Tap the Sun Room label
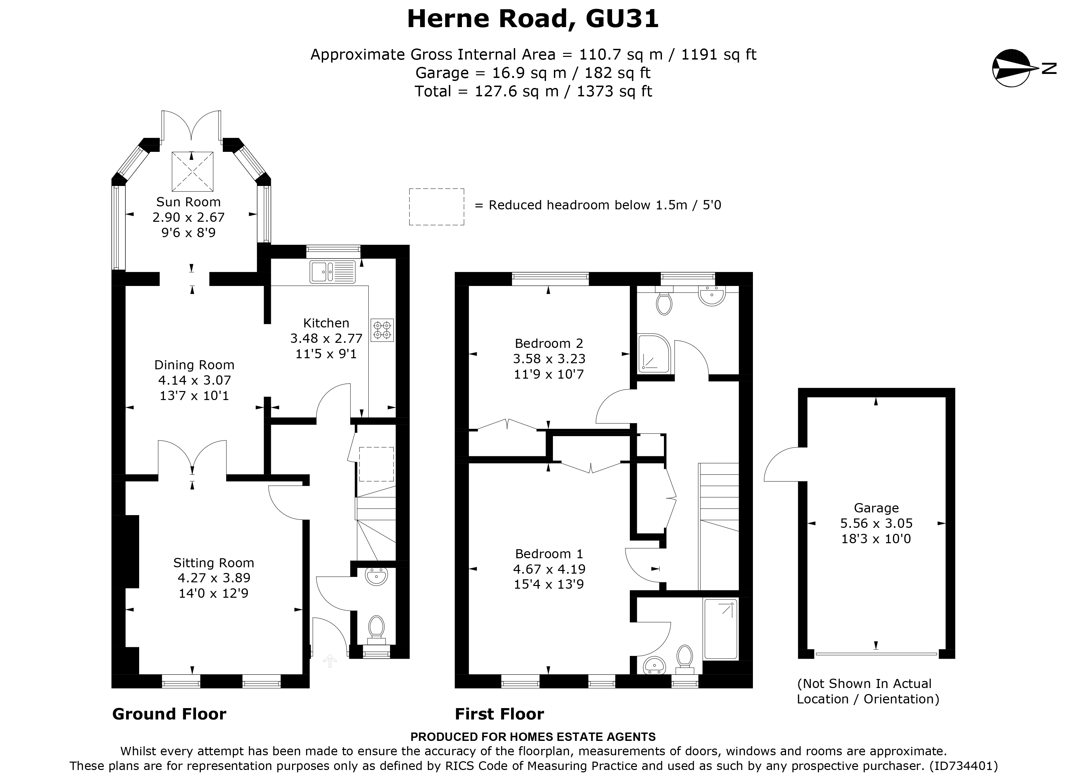tap(188, 202)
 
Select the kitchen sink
tap(332, 272)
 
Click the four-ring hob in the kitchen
tap(382, 330)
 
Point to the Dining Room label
tap(194, 365)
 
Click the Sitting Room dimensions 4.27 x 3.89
tap(214, 578)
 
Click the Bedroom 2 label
tap(549, 344)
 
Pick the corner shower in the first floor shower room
tap(653, 353)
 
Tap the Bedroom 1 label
tap(549, 554)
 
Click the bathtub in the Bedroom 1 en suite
tap(720, 628)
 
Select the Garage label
tap(876, 508)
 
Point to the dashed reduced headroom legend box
tap(436, 207)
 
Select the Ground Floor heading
tap(169, 714)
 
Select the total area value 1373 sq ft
tap(614, 91)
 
